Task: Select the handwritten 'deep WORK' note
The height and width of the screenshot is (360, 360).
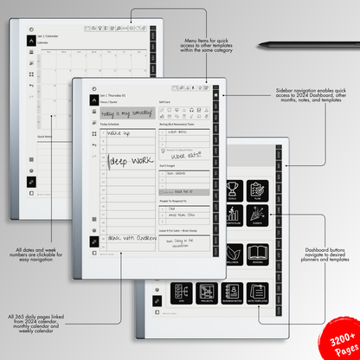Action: (129, 161)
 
